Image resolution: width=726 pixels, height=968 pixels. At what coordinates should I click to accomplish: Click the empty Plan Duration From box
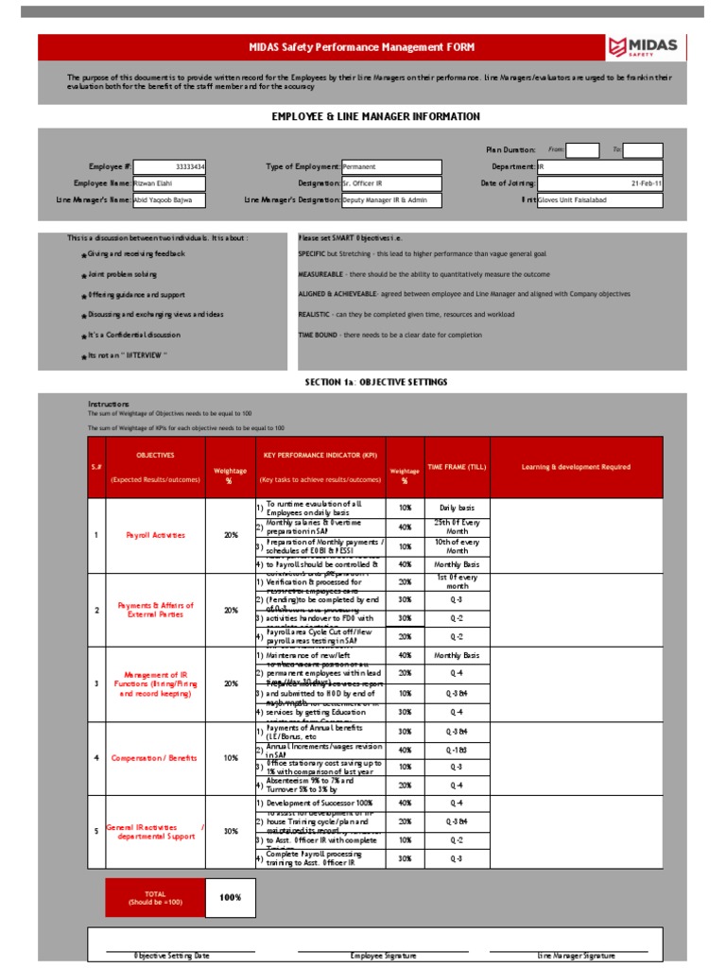[x=582, y=150]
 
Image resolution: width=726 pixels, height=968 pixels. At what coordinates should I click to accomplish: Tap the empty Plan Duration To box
[x=643, y=150]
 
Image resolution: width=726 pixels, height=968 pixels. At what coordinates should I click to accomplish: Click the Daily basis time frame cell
[x=457, y=508]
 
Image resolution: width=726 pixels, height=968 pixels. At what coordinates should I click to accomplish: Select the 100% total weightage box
[x=231, y=898]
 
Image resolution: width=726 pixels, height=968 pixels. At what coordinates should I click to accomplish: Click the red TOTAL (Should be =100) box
[x=154, y=898]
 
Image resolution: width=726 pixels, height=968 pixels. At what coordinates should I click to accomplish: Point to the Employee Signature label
[x=383, y=957]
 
